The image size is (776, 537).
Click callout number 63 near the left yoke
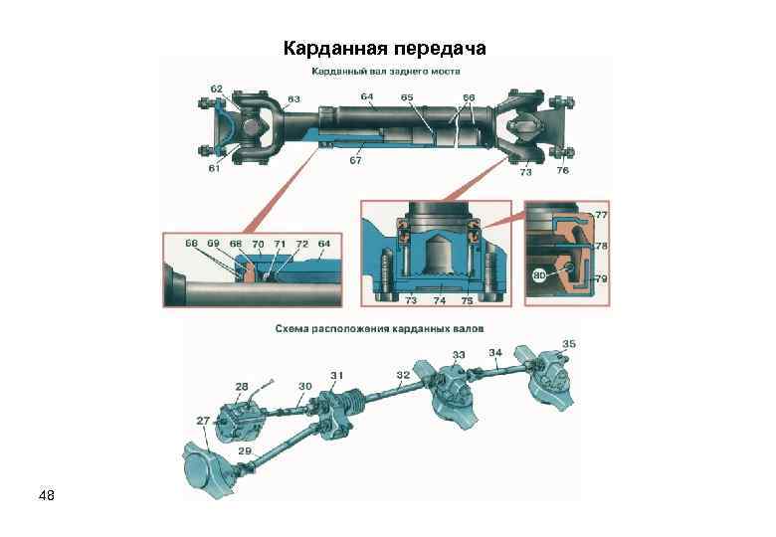point(294,98)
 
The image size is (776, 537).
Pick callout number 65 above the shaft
point(407,96)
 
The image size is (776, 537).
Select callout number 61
point(215,168)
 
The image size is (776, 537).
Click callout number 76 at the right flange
point(563,171)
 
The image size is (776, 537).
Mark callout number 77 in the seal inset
point(601,214)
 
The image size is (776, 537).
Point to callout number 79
point(601,280)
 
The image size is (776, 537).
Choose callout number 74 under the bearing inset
point(438,299)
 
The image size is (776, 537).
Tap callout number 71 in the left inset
point(280,243)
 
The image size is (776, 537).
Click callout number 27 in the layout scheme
point(203,421)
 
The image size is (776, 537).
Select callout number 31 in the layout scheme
point(337,375)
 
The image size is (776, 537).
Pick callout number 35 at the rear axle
point(568,344)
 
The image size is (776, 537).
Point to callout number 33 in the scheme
point(458,354)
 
